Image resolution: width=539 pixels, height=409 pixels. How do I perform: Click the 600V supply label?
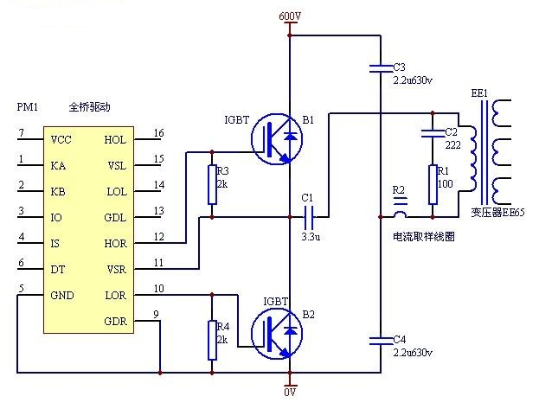point(290,16)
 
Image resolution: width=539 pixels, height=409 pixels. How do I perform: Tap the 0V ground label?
point(290,392)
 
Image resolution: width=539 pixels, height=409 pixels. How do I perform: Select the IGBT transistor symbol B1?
point(277,139)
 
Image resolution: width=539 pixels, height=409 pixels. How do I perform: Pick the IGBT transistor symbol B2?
point(277,334)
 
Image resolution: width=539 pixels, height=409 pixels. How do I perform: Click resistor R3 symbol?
point(212,185)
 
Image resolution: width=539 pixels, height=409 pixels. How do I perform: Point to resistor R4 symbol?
point(212,341)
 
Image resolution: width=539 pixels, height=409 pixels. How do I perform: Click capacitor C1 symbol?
point(308,217)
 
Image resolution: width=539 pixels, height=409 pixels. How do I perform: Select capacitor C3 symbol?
point(381,68)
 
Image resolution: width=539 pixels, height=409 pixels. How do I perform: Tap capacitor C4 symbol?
point(381,341)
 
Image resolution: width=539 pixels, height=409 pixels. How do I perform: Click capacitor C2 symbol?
point(433,133)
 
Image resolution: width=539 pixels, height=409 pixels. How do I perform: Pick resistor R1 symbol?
point(433,185)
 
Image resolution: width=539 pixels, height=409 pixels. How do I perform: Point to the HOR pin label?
point(116,243)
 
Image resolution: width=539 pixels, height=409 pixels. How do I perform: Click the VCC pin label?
point(61,139)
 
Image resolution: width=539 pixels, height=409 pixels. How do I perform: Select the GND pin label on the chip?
point(62,295)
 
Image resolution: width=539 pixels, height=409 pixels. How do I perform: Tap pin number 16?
point(158,132)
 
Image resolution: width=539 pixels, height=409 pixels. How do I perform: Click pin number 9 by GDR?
point(156,314)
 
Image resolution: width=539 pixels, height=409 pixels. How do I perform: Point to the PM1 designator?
point(28,107)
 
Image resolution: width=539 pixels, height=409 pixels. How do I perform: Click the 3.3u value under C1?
point(311,236)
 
